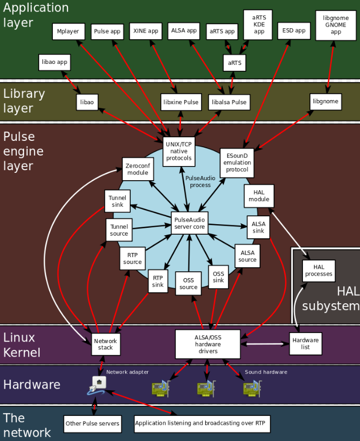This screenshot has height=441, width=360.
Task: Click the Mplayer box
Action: click(x=68, y=31)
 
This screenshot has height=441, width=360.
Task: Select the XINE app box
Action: click(x=145, y=31)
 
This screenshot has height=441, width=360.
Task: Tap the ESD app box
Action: click(x=294, y=31)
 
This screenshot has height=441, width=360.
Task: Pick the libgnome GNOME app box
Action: click(x=336, y=25)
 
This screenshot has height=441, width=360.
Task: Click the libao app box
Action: click(x=54, y=62)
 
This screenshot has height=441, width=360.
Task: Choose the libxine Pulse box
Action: click(x=181, y=102)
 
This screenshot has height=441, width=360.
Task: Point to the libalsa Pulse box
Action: click(x=229, y=102)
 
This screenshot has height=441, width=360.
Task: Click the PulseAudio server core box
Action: click(x=189, y=223)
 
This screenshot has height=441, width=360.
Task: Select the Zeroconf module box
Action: click(x=138, y=169)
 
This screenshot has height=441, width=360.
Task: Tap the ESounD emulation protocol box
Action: click(x=237, y=162)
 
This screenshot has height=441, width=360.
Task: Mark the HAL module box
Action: click(x=259, y=195)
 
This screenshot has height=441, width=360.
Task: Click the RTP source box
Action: click(x=132, y=258)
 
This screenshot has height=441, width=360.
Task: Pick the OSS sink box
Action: click(x=218, y=277)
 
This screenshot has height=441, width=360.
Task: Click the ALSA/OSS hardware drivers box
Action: click(x=208, y=344)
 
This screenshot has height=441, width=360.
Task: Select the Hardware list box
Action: click(x=306, y=344)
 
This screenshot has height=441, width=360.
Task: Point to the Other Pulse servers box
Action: click(x=93, y=423)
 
